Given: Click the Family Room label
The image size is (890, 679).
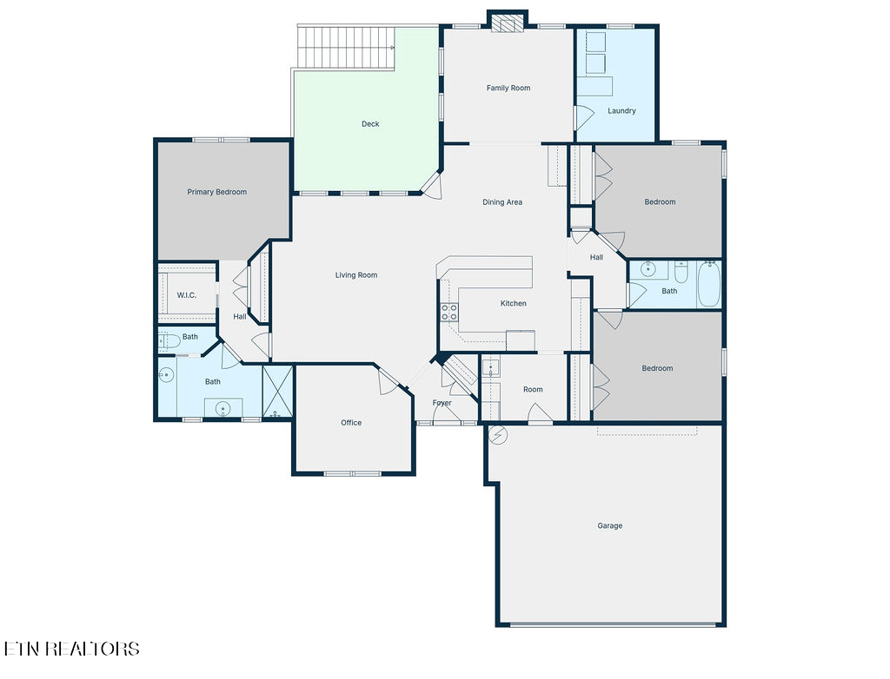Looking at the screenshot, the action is click(508, 88).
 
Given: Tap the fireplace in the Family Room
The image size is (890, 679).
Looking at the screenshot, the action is click(508, 23).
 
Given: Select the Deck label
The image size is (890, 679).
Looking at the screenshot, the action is click(370, 123).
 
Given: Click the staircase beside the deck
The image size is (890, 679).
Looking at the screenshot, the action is click(346, 48).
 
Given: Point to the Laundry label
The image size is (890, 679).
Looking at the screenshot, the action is click(621, 110).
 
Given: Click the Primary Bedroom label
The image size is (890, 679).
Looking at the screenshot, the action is click(216, 192).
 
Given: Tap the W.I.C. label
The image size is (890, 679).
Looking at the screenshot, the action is click(186, 295).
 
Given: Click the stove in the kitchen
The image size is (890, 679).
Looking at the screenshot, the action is click(449, 313).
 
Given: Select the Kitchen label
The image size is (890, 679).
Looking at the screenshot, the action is click(513, 304).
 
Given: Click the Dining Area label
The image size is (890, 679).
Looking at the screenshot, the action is click(502, 202).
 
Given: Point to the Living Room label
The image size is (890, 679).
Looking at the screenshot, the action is click(355, 275).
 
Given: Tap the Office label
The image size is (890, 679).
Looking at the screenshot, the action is click(351, 423).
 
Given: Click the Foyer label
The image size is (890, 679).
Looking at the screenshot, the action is click(442, 403).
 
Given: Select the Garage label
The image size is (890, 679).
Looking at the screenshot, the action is click(609, 526).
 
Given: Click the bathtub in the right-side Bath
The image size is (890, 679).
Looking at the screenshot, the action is click(709, 284).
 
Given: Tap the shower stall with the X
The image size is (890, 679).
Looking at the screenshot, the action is click(277, 392).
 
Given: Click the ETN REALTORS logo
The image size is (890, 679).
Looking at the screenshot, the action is click(71, 649).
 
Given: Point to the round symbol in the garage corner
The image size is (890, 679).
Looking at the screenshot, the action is click(498, 435).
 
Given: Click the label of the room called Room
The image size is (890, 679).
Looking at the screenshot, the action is click(533, 389).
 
